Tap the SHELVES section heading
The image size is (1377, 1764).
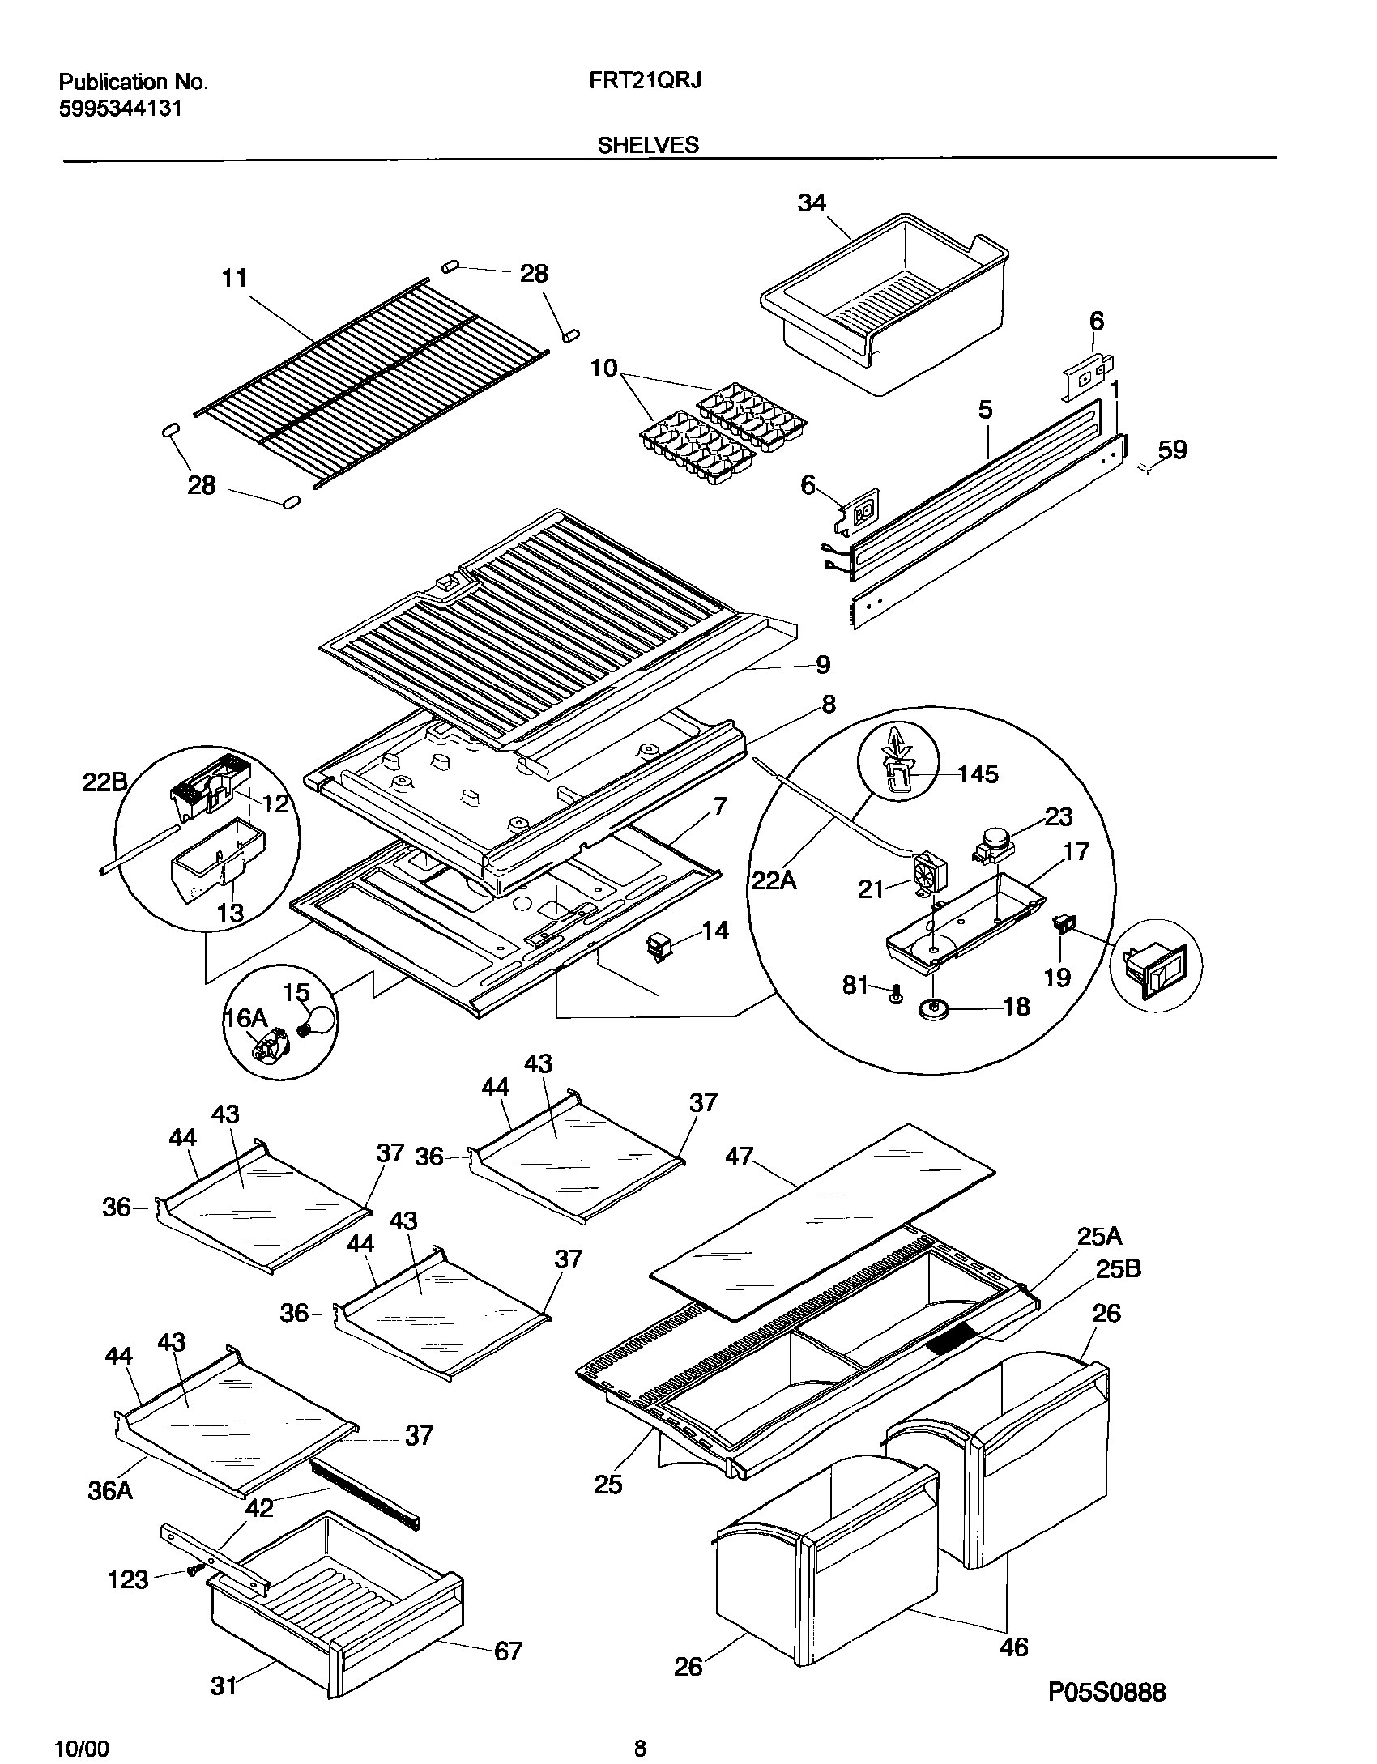tap(647, 145)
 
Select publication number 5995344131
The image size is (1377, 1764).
tap(120, 108)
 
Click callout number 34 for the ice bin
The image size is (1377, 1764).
tap(811, 202)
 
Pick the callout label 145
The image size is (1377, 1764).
tap(978, 774)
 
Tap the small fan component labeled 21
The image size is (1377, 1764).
tap(929, 874)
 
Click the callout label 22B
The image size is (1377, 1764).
tap(105, 782)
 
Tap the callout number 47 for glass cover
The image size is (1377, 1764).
tap(739, 1156)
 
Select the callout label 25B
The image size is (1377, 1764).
tap(1118, 1269)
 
